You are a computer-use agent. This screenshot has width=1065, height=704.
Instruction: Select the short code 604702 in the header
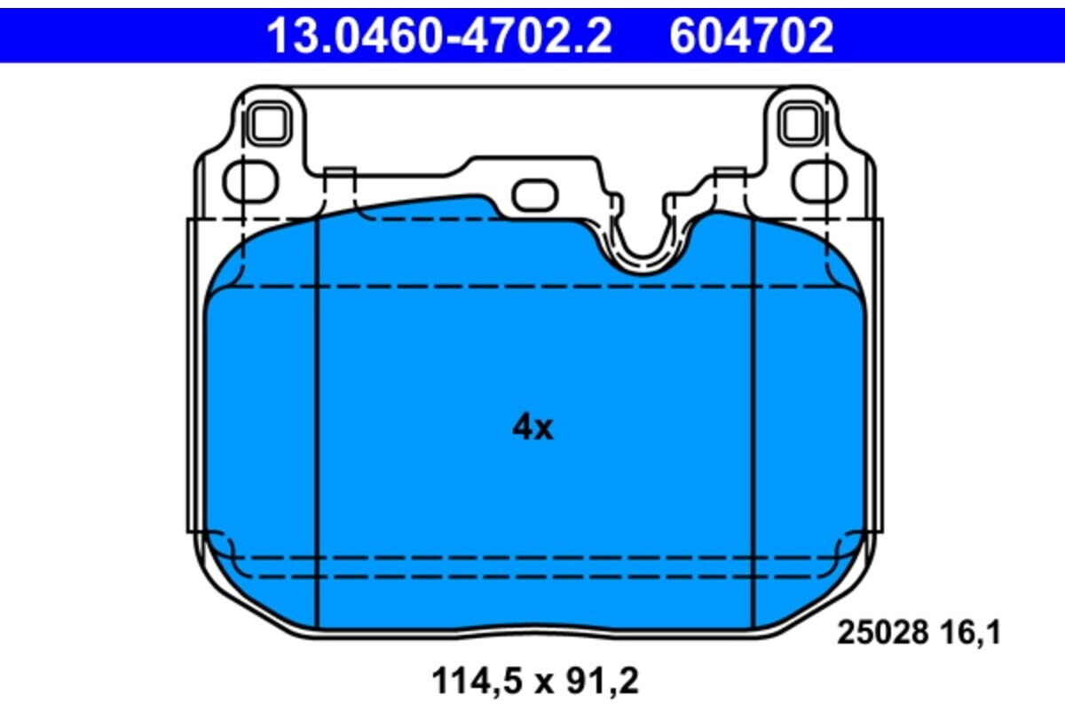click(x=751, y=36)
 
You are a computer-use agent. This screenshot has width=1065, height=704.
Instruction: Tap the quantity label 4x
click(x=532, y=428)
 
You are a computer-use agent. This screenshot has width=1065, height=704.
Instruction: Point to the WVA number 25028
click(x=882, y=633)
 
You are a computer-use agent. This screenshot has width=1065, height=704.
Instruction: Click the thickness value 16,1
click(x=969, y=633)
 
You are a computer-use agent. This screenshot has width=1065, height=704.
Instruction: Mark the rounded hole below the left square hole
click(x=251, y=182)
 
